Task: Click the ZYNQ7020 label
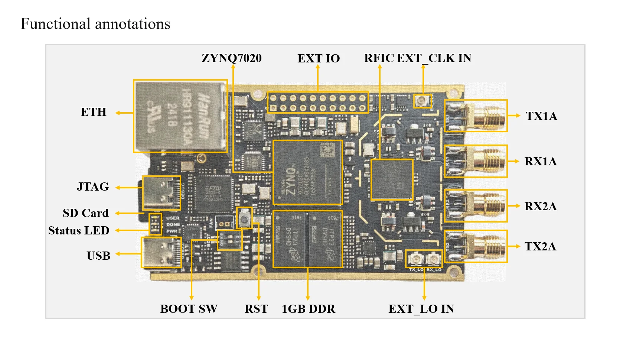[232, 58]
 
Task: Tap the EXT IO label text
[319, 59]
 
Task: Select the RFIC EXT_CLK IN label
[417, 58]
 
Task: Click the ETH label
[94, 112]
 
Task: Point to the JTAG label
[93, 187]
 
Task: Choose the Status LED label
[79, 231]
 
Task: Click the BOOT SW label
[189, 309]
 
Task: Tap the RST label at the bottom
[256, 309]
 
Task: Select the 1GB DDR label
[308, 309]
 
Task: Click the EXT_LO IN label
[421, 309]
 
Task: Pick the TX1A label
[541, 116]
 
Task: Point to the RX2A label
[541, 207]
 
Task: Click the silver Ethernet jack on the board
[180, 116]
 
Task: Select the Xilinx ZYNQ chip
[307, 172]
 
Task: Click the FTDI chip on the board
[214, 193]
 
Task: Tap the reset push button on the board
[244, 217]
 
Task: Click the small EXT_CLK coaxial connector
[423, 100]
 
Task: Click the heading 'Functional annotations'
[95, 24]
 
